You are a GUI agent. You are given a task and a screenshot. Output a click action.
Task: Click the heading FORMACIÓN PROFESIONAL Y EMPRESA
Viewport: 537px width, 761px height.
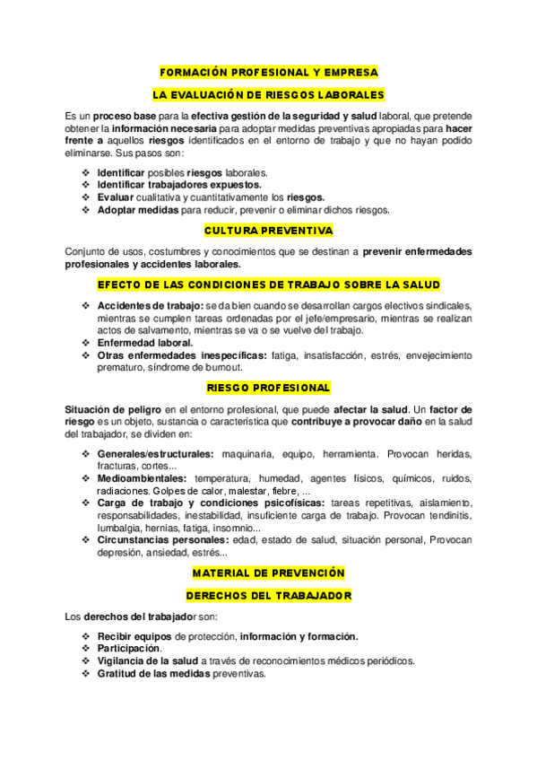268,72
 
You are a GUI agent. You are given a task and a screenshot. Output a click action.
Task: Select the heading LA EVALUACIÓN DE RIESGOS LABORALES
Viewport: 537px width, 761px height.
268,94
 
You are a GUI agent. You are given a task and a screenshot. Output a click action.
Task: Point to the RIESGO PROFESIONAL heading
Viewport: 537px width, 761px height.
268,388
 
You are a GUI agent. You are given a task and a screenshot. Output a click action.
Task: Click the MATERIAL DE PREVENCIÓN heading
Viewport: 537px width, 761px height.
268,573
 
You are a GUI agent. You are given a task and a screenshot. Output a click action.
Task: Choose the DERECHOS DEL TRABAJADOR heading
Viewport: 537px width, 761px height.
268,595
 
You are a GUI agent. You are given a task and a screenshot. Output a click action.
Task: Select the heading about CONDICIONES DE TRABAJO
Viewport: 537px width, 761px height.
268,284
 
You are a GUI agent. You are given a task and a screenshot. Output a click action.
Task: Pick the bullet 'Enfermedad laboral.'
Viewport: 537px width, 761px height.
144,342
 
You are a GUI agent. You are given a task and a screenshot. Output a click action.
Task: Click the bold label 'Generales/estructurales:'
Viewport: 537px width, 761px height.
155,454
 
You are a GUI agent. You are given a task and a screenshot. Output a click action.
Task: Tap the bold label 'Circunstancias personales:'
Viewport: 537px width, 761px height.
162,540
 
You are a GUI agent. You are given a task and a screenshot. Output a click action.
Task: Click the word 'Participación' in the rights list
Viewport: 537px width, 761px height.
128,648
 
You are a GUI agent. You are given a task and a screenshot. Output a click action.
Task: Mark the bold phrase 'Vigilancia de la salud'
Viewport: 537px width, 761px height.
147,660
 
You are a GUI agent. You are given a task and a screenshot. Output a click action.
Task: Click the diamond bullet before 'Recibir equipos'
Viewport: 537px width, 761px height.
85,636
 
